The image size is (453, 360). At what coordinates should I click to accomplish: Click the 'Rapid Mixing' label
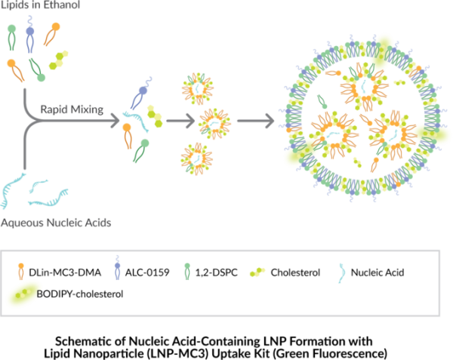72,109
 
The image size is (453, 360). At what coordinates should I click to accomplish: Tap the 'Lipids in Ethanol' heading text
40,5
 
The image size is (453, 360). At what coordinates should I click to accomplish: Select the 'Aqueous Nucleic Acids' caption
56,223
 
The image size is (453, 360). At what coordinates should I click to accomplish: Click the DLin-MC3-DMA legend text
65,272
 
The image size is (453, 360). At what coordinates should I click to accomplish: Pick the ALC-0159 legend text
147,272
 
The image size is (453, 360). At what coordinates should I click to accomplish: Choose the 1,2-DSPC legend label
217,272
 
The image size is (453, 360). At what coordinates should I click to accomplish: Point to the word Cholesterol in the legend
295,272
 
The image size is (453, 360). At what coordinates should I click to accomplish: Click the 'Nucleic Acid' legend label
377,272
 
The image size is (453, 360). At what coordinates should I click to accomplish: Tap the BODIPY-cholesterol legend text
80,294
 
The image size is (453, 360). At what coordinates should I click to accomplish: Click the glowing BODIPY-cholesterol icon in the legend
23,294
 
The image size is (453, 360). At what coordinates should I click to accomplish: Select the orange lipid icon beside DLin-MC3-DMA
21,272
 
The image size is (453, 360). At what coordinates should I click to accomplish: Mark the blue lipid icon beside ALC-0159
117,268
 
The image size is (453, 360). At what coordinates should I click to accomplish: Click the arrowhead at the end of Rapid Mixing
116,121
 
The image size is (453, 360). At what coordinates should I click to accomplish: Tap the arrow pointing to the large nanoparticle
256,121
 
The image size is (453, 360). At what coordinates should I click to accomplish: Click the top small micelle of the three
198,88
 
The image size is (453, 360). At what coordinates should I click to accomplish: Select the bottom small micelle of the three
197,158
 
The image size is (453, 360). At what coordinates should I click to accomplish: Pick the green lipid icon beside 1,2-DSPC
187,272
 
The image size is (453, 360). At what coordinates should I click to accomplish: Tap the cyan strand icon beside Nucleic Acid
342,272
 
